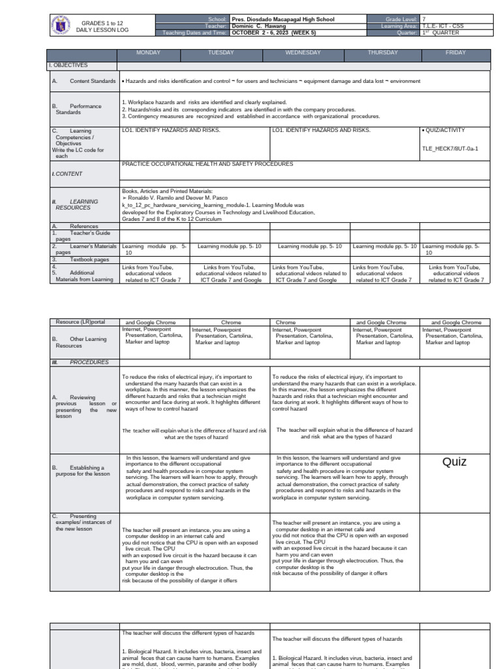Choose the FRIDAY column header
tap(455, 52)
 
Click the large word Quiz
tap(455, 462)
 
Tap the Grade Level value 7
tap(424, 20)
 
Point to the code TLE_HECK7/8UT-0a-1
tap(450, 149)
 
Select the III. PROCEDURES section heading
tap(80, 362)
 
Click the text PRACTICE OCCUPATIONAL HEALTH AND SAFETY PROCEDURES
tap(207, 164)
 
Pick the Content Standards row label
tap(91, 82)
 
